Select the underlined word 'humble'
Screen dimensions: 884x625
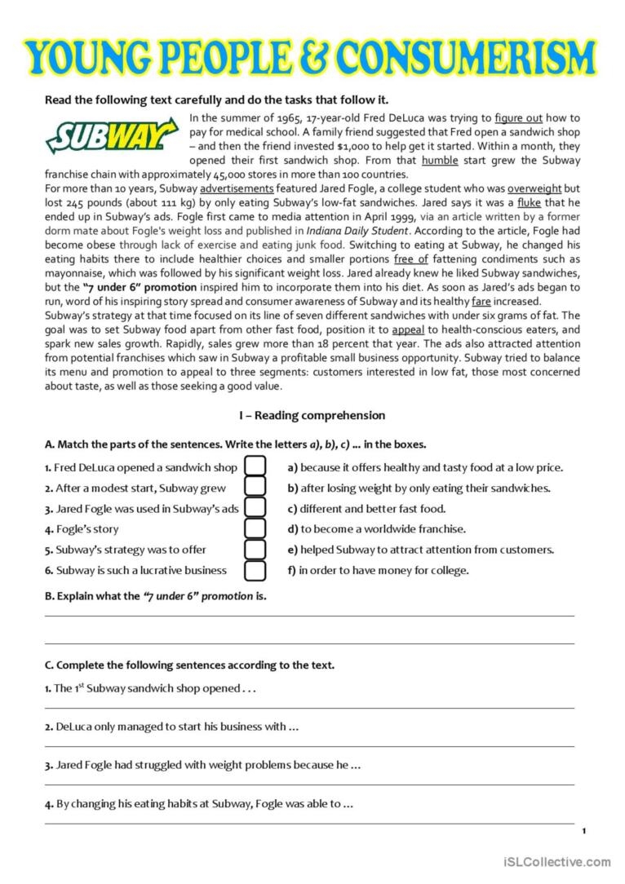click(x=440, y=161)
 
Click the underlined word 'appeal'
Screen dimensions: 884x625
click(x=408, y=329)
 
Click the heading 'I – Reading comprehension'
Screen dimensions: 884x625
click(x=312, y=415)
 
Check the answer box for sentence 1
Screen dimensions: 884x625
click(x=255, y=466)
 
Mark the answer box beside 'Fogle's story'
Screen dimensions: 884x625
click(x=255, y=528)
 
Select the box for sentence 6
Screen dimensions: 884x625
click(x=255, y=570)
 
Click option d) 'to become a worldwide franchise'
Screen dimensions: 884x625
click(x=377, y=528)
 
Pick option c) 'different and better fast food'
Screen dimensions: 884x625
click(x=366, y=508)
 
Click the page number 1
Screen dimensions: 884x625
click(x=584, y=830)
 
